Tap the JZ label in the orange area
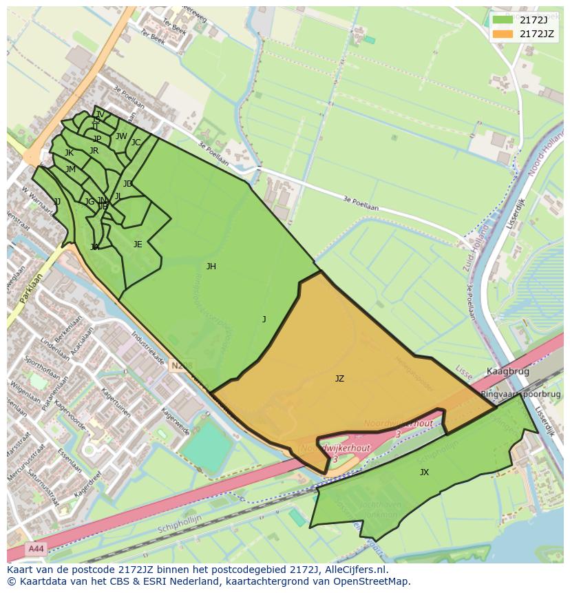[x=339, y=379]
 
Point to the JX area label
[x=424, y=472]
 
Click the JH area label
[x=211, y=267]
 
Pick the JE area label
[x=138, y=245]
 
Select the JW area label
[x=121, y=136]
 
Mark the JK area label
[x=69, y=153]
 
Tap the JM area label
[x=70, y=169]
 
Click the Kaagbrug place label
[x=507, y=371]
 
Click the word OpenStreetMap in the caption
[x=371, y=581]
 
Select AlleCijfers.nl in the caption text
[x=353, y=570]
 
